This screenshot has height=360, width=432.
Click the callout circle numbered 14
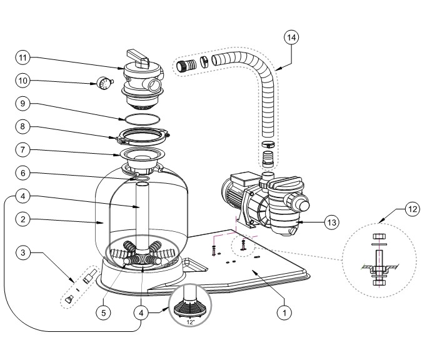tap(291, 37)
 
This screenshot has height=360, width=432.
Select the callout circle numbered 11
tap(23, 57)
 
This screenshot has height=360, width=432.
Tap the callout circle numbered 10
tap(23, 81)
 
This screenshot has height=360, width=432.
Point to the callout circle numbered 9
tap(23, 104)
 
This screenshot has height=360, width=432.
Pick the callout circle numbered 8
tap(23, 127)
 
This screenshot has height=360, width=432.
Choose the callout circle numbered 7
tap(23, 150)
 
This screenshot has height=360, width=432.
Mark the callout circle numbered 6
tap(23, 173)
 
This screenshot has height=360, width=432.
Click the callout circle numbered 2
tap(23, 219)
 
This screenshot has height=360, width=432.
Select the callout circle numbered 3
tap(23, 252)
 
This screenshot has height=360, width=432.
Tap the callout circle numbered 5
tap(104, 312)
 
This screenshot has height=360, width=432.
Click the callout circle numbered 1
tap(284, 312)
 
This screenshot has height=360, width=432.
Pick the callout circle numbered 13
tap(332, 222)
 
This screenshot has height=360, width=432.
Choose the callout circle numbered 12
tap(412, 209)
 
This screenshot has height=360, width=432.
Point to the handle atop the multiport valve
tap(138, 57)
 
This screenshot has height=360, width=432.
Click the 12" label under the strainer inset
tap(190, 322)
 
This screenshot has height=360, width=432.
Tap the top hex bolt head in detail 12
tap(379, 236)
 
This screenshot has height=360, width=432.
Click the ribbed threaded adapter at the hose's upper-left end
tap(186, 65)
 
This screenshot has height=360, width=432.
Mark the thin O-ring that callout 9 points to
tap(142, 119)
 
